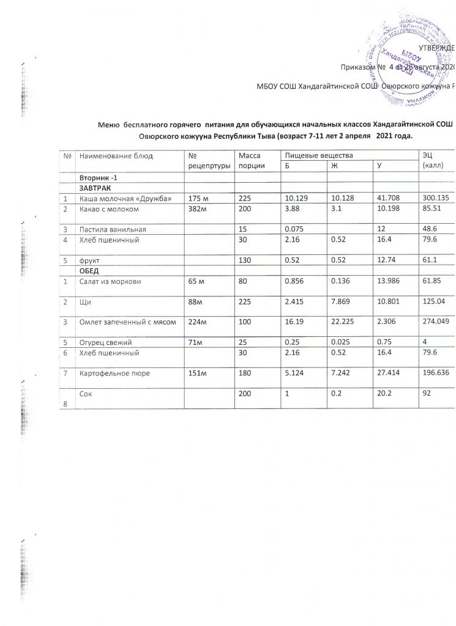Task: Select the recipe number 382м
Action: click(x=197, y=210)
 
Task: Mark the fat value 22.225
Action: click(x=343, y=322)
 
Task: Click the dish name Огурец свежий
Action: click(x=102, y=343)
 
